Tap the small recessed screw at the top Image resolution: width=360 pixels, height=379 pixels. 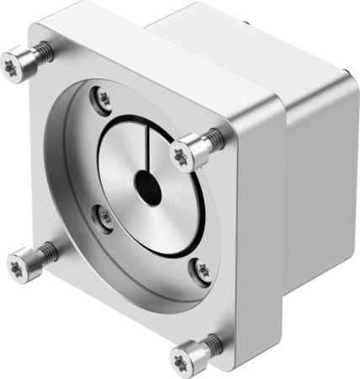(104, 99)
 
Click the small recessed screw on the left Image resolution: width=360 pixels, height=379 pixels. (105, 218)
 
